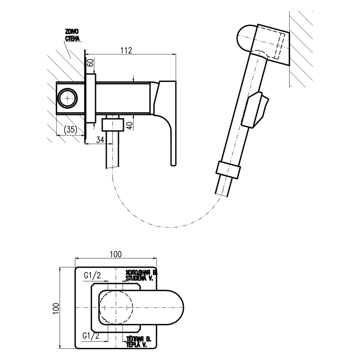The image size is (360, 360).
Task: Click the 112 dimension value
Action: (126, 50)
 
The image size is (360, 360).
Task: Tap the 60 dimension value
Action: (90, 64)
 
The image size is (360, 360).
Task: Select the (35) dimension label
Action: (70, 129)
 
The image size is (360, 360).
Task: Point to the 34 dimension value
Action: (100, 140)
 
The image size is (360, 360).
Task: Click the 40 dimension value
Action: (129, 125)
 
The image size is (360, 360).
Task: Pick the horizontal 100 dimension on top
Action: (115, 255)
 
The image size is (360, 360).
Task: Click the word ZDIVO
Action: (73, 32)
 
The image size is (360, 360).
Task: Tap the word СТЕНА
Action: (73, 39)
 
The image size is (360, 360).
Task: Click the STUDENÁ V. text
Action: (140, 279)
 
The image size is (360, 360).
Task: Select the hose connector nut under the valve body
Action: (111, 123)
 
